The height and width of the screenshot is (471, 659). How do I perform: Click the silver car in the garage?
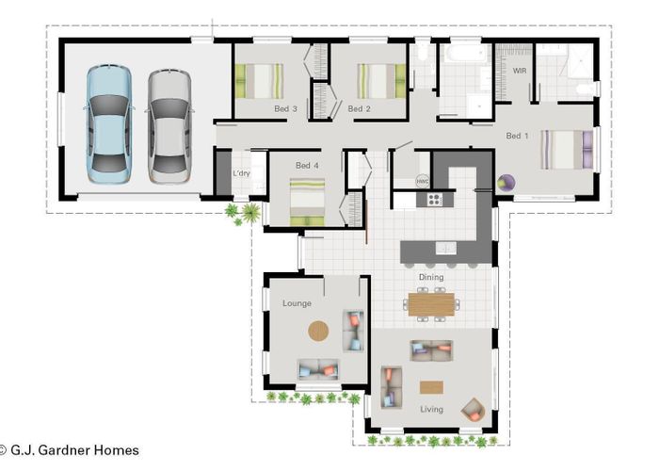click(x=169, y=122)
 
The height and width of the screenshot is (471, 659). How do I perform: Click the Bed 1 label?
click(x=517, y=136)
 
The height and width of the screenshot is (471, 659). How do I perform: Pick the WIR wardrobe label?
click(x=518, y=71)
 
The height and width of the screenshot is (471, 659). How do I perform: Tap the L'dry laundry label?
click(x=241, y=173)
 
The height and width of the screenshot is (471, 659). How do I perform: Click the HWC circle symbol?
click(x=423, y=181)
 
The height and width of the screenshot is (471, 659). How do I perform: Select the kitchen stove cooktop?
click(x=435, y=199)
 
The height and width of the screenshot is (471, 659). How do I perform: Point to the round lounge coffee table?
click(x=319, y=331)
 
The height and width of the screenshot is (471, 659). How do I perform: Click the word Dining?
click(x=432, y=277)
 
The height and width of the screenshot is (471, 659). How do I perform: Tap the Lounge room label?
click(x=297, y=303)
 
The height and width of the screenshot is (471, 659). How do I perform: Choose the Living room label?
click(x=432, y=409)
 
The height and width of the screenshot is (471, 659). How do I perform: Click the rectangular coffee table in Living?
click(x=432, y=386)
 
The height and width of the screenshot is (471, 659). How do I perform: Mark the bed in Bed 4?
click(x=307, y=201)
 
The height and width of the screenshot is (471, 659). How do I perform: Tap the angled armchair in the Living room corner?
click(x=473, y=410)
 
